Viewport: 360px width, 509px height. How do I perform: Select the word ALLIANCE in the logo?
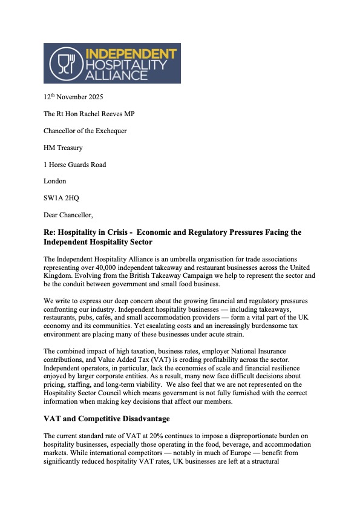[113, 75]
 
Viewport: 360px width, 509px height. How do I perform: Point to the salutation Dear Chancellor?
[69, 214]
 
